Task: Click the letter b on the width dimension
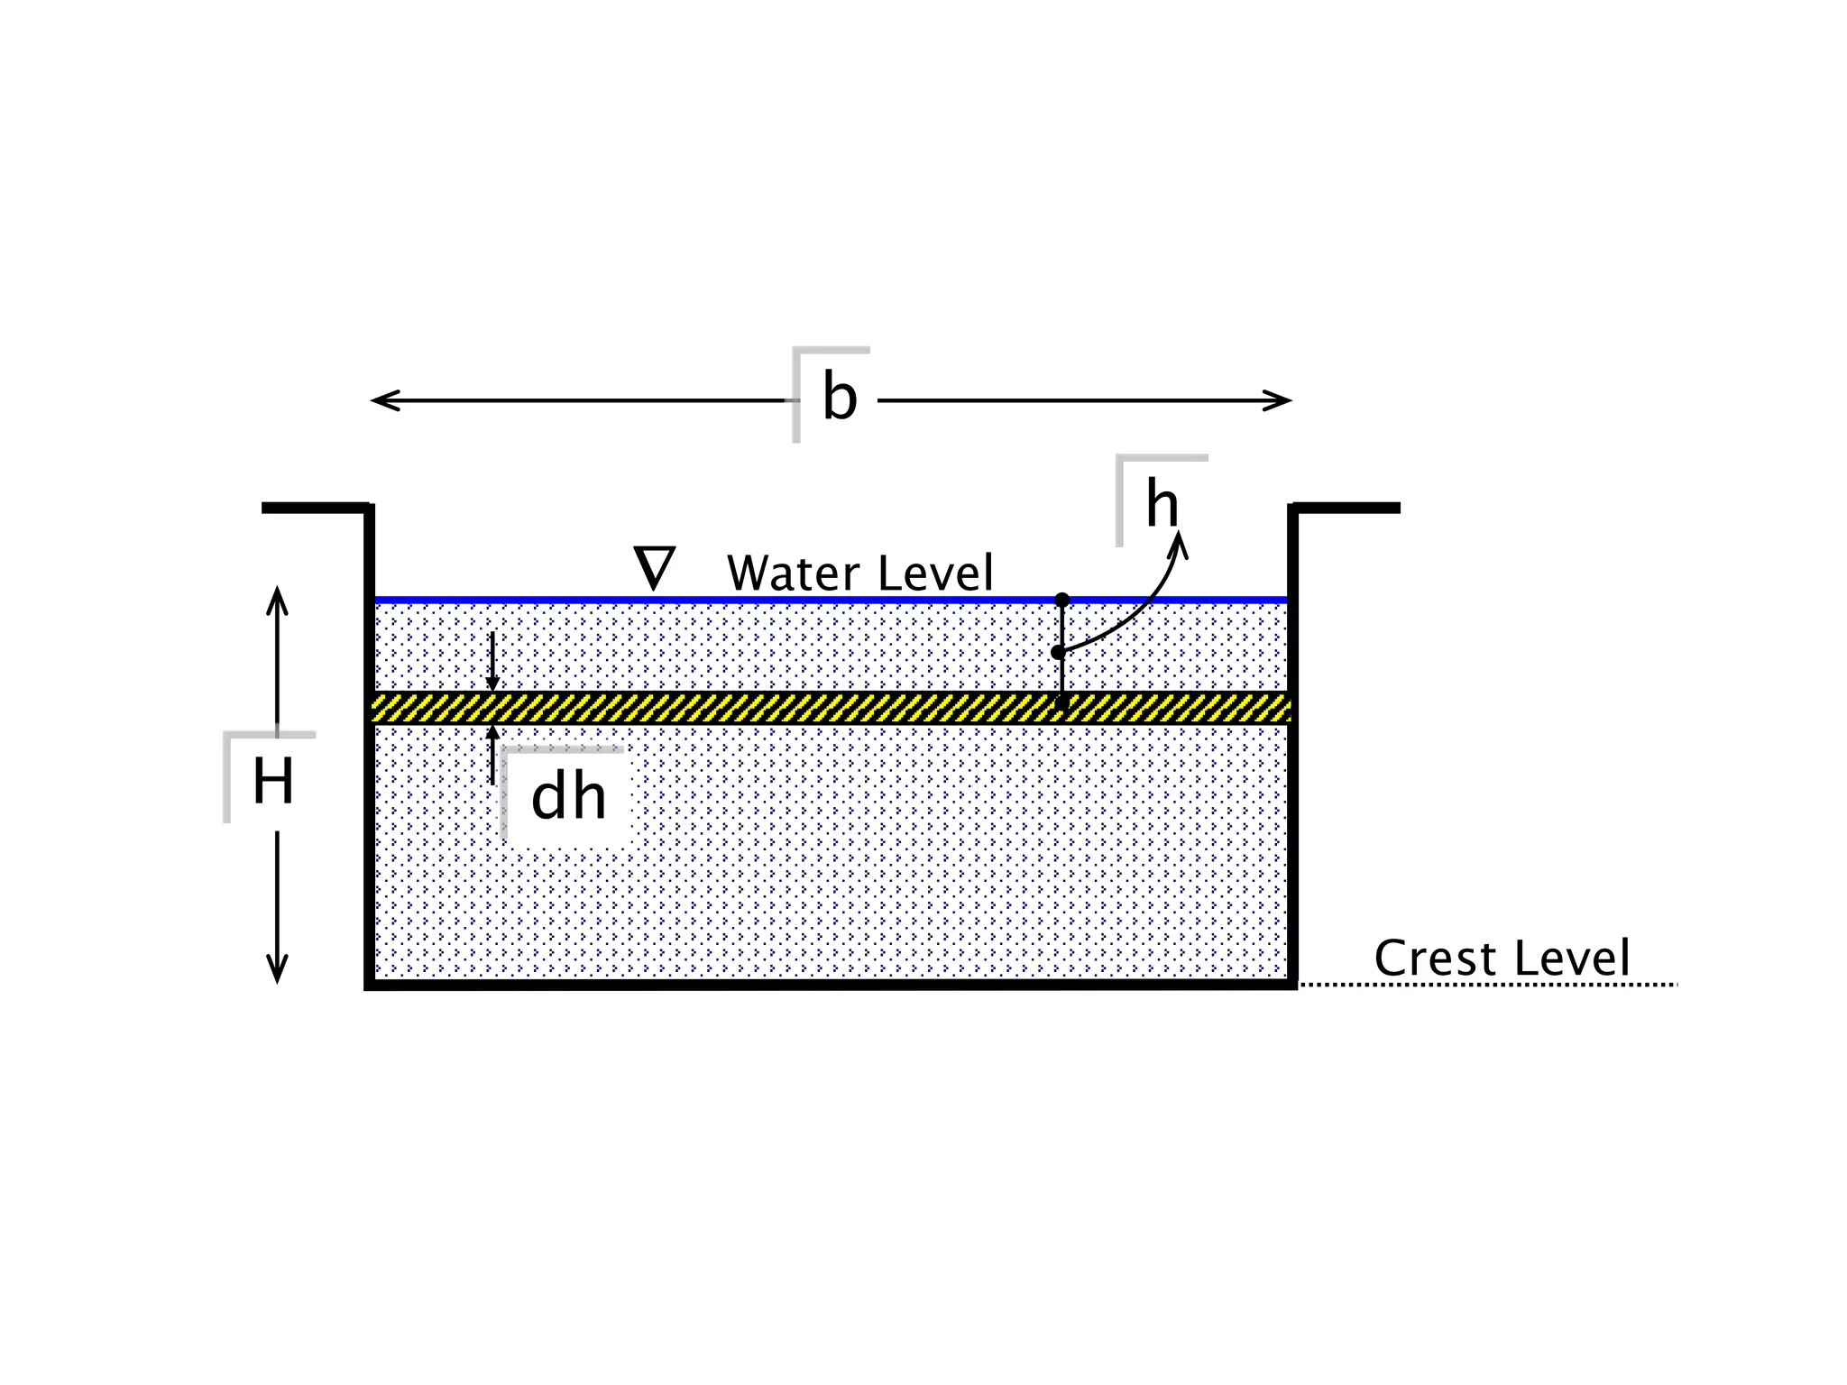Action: point(839,399)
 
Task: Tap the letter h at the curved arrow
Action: point(1162,505)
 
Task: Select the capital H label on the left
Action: point(272,782)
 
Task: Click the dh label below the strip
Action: point(568,797)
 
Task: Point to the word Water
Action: point(794,573)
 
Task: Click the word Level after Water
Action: point(935,573)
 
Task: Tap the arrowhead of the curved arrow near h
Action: point(1180,543)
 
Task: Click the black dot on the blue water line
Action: point(1062,600)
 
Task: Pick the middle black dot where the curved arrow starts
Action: point(1059,652)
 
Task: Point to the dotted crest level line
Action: point(1488,985)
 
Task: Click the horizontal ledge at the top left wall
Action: point(316,509)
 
